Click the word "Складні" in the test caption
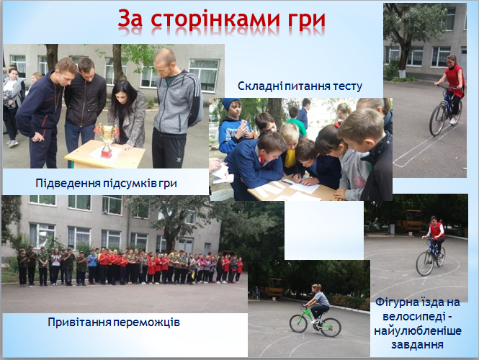[x=260, y=86]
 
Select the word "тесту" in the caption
[x=347, y=86]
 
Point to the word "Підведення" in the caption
[x=68, y=184]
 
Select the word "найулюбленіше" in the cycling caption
[x=417, y=331]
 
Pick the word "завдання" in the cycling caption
[x=417, y=345]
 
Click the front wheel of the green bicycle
[x=331, y=328]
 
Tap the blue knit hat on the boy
[x=231, y=104]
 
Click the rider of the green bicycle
[x=318, y=302]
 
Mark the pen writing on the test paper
[x=296, y=178]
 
